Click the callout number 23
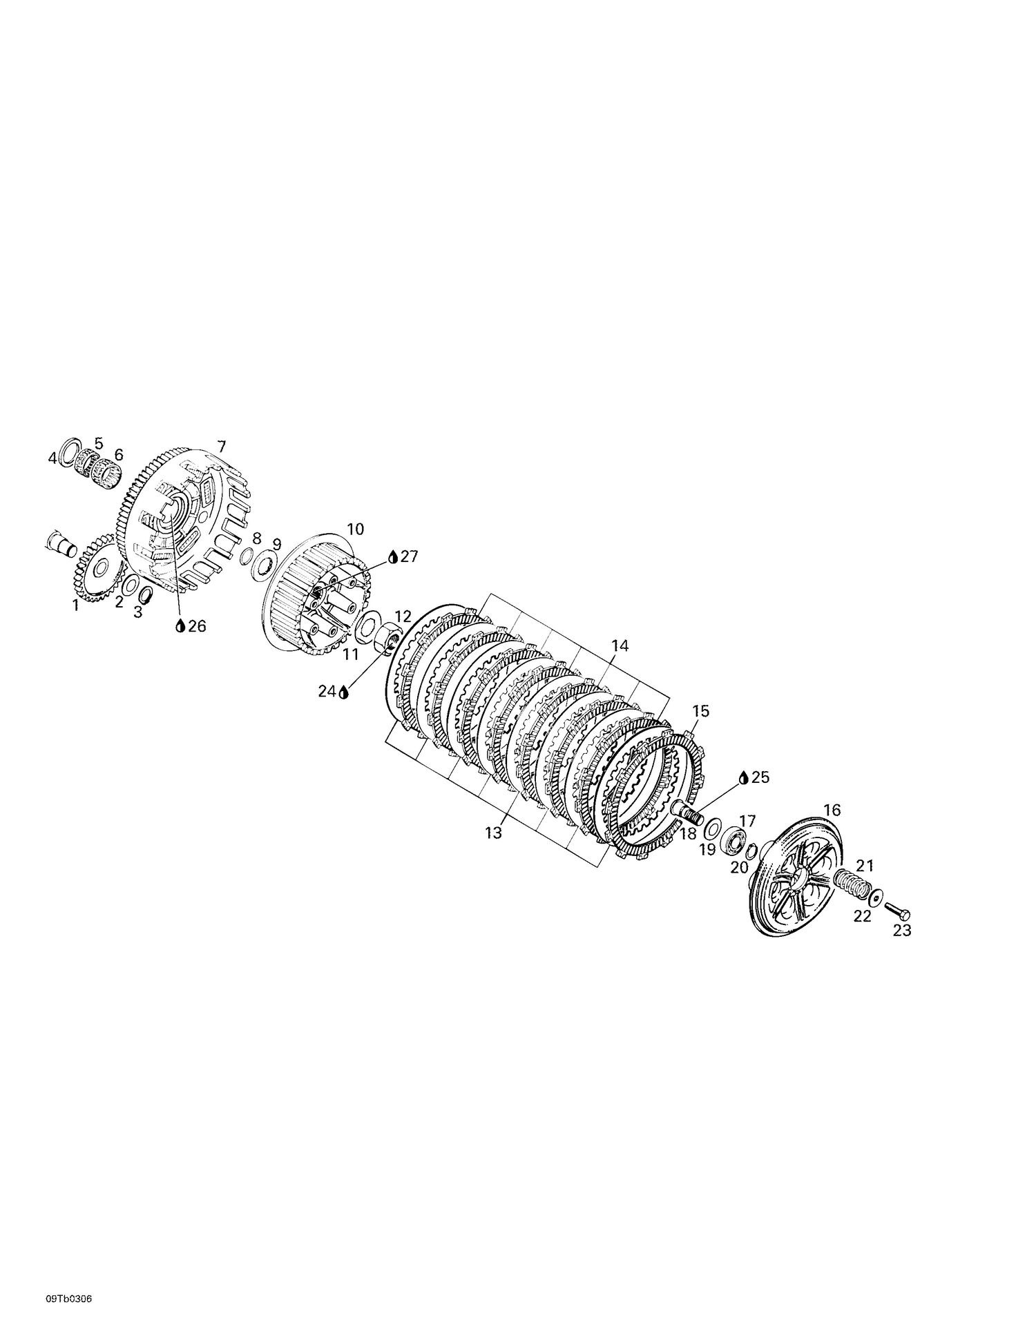tap(902, 931)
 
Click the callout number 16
tap(832, 810)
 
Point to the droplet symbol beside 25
tap(743, 777)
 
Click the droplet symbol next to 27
tap(393, 557)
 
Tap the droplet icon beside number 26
tap(180, 626)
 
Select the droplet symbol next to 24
tap(343, 691)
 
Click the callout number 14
tap(620, 646)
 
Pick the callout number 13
tap(493, 833)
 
